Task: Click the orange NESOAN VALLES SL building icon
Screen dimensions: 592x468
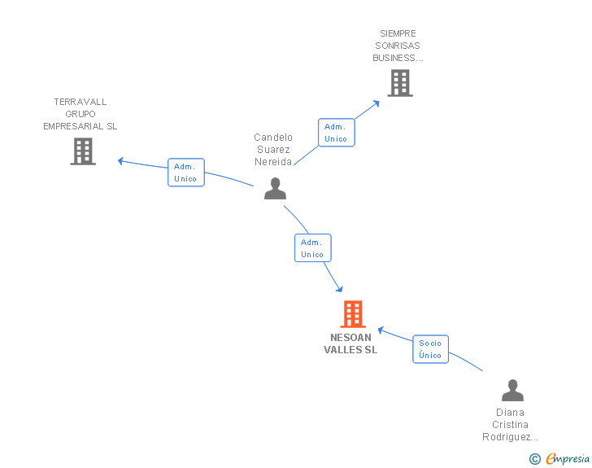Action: pyautogui.click(x=353, y=314)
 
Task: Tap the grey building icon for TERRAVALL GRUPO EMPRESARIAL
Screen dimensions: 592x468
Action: pyautogui.click(x=83, y=151)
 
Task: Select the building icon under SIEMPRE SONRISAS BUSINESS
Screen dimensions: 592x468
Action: pyautogui.click(x=400, y=83)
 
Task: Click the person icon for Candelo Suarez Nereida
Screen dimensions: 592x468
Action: pyautogui.click(x=275, y=188)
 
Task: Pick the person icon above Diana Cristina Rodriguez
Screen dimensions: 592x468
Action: pyautogui.click(x=512, y=390)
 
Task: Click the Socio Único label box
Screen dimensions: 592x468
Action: pyautogui.click(x=430, y=349)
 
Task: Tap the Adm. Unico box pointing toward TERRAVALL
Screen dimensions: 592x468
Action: pyautogui.click(x=186, y=173)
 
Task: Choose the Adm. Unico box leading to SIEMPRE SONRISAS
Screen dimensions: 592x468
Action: pyautogui.click(x=337, y=133)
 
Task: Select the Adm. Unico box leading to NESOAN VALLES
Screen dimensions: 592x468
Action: pyautogui.click(x=313, y=248)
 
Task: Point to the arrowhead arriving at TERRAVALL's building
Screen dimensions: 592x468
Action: pyautogui.click(x=120, y=161)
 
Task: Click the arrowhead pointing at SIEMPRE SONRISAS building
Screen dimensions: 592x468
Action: pyautogui.click(x=376, y=103)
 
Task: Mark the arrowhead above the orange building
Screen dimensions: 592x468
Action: pyautogui.click(x=340, y=289)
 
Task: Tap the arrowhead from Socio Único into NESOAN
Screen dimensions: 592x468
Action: pyautogui.click(x=381, y=330)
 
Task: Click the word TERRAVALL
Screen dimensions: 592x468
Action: pyautogui.click(x=81, y=102)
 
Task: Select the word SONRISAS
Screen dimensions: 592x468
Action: pyautogui.click(x=398, y=46)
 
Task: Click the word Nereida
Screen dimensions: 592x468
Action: pyautogui.click(x=273, y=162)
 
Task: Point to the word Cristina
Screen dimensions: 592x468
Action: pyautogui.click(x=510, y=425)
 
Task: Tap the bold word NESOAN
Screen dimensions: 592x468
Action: pyautogui.click(x=350, y=337)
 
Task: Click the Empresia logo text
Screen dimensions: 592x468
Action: pyautogui.click(x=568, y=458)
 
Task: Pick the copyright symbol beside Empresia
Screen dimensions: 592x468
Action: pyautogui.click(x=535, y=459)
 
